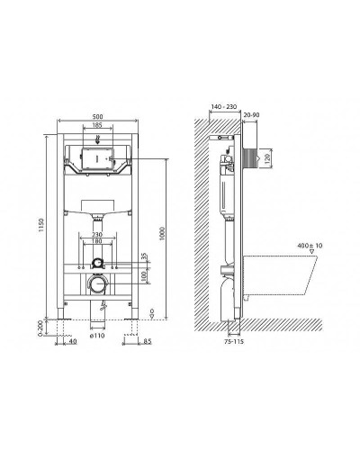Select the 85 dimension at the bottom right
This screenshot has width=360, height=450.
click(x=145, y=343)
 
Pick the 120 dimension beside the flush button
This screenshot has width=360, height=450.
click(x=266, y=158)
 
